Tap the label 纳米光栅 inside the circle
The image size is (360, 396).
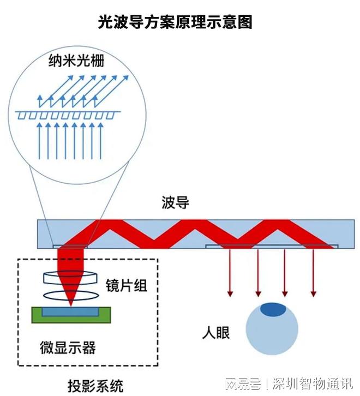tap(76, 62)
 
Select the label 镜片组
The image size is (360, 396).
tap(126, 285)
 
